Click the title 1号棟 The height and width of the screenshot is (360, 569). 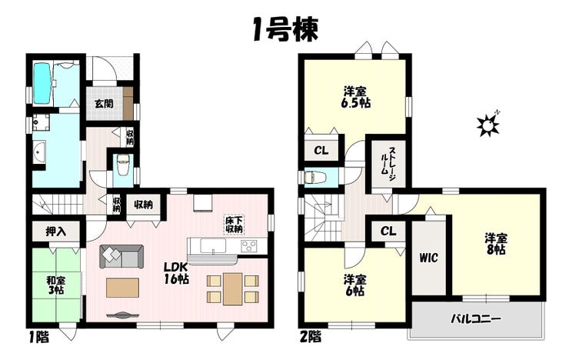click(285, 30)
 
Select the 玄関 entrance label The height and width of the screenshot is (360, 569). click(104, 103)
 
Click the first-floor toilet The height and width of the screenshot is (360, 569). click(122, 165)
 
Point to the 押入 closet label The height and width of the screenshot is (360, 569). click(56, 232)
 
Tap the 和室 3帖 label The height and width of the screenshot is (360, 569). click(55, 285)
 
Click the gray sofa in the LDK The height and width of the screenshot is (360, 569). click(121, 257)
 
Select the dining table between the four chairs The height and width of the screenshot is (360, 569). click(233, 289)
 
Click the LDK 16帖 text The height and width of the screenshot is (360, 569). click(176, 273)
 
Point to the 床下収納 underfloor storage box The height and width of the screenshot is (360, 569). click(234, 225)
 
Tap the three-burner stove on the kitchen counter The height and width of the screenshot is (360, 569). click(249, 245)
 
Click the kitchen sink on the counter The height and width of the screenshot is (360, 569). click(214, 245)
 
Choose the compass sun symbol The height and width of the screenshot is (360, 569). click(487, 125)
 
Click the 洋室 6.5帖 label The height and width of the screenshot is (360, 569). click(355, 97)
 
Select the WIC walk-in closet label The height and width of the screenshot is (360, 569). click(428, 258)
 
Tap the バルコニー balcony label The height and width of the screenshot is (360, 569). click(476, 319)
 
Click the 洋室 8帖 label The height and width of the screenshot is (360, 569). click(496, 244)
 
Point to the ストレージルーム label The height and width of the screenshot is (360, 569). click(388, 162)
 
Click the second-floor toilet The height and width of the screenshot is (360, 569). click(314, 178)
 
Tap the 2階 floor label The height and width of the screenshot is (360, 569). click(311, 338)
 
